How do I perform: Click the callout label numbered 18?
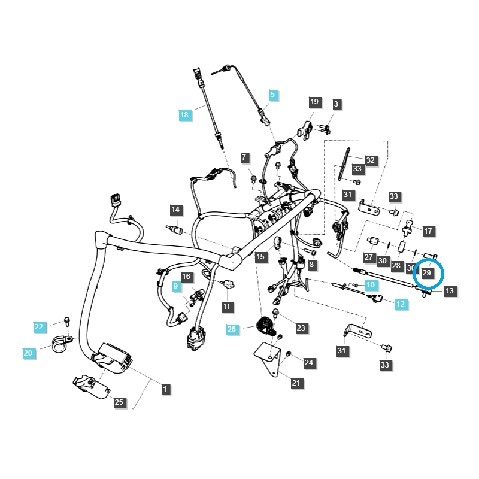point(184,114)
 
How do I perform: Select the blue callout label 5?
point(272,95)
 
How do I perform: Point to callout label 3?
point(336,104)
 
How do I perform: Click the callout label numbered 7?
point(244,158)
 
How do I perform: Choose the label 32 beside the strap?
point(371,160)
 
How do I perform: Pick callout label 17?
point(428,231)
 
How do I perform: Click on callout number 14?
point(175,210)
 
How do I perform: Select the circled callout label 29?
point(427,273)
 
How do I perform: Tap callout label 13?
point(450,291)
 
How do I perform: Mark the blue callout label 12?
point(401,304)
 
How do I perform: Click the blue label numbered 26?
point(232,329)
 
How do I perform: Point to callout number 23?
point(301,328)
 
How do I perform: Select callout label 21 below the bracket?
point(296,383)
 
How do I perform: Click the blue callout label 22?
point(40,326)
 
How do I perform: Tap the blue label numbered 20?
point(28,353)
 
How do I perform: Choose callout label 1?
point(165,389)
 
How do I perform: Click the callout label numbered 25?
point(119,402)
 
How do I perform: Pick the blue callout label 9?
point(176,287)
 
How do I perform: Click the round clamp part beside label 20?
point(62,344)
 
